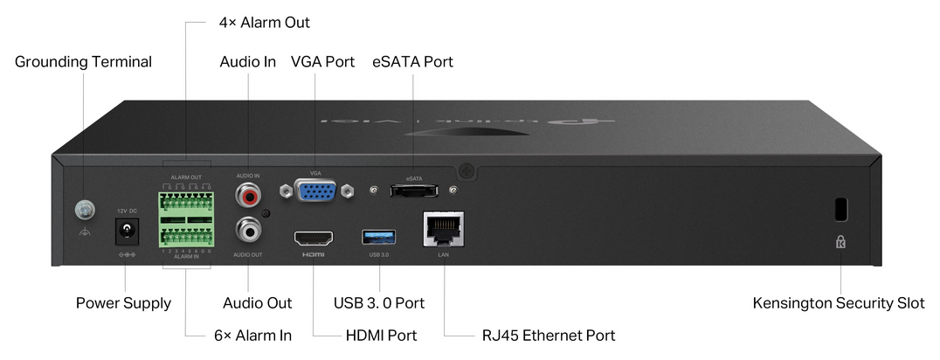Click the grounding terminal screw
coord(84,208)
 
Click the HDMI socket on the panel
coord(313,238)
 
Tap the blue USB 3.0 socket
coord(378,237)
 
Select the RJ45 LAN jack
coord(443,231)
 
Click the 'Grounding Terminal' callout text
coord(83,62)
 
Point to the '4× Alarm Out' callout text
coord(263,22)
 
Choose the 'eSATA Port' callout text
coord(412,62)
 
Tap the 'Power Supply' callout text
coord(123,303)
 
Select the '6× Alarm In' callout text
coord(253,336)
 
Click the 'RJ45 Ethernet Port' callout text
coord(549,336)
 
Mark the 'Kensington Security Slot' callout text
coord(839,303)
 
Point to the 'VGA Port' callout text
coord(322,62)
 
